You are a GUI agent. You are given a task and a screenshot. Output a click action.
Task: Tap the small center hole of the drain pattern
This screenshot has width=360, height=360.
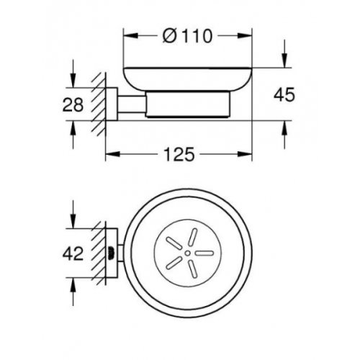[x=186, y=253]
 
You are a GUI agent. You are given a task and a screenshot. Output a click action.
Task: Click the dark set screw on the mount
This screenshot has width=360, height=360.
[x=111, y=253]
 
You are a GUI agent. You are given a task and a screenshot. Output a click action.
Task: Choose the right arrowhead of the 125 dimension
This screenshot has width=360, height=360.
[x=250, y=155]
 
